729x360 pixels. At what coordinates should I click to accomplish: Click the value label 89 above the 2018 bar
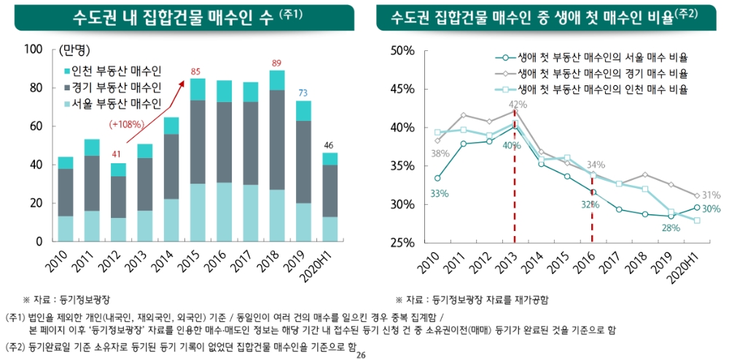276,63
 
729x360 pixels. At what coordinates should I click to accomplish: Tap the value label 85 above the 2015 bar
196,71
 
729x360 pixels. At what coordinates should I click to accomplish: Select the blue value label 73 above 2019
303,93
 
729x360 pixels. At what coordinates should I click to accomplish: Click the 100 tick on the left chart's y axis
34,50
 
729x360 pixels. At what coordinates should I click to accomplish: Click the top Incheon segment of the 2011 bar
92,147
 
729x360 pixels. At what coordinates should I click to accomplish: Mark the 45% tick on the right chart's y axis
402,89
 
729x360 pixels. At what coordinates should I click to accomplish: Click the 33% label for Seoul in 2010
439,193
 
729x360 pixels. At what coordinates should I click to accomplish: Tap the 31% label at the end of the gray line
712,195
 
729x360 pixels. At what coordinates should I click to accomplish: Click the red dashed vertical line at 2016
592,219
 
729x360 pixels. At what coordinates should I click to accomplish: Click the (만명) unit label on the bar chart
71,50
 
